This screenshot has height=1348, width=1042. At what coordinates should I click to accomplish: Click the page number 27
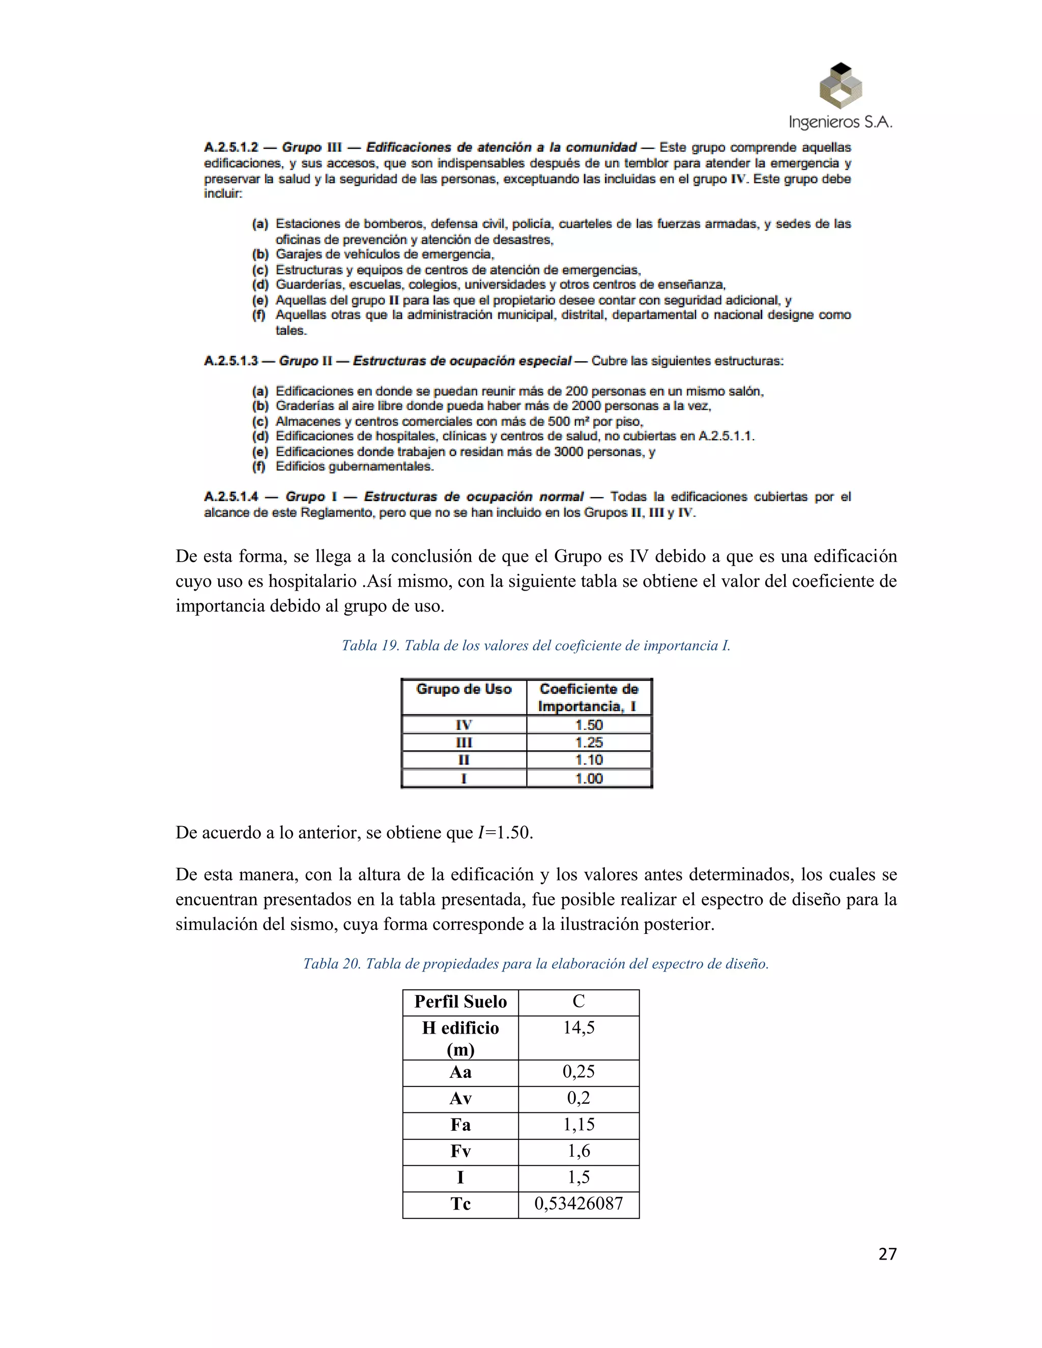887,1254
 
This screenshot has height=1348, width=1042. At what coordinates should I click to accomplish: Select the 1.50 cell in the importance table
589,724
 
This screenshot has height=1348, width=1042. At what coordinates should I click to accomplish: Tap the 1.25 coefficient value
589,743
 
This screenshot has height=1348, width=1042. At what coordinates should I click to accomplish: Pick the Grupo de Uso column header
464,689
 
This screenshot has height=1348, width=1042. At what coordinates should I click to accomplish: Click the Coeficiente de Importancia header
589,697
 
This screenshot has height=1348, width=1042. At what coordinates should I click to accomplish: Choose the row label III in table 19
464,743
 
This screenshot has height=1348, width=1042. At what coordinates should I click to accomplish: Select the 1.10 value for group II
589,760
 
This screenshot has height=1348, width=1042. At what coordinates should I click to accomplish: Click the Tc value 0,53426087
578,1204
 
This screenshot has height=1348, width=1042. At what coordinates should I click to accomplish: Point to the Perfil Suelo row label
460,1002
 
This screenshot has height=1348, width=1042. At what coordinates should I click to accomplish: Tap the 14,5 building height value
578,1028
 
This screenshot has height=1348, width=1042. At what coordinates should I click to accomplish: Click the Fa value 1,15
578,1125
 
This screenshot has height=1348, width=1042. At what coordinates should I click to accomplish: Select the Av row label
460,1099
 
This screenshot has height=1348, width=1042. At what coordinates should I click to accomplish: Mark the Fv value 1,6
578,1151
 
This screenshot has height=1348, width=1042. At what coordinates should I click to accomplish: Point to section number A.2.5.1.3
231,361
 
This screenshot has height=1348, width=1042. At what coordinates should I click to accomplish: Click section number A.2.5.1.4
231,497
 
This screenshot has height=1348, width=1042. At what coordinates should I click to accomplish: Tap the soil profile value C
578,1002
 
